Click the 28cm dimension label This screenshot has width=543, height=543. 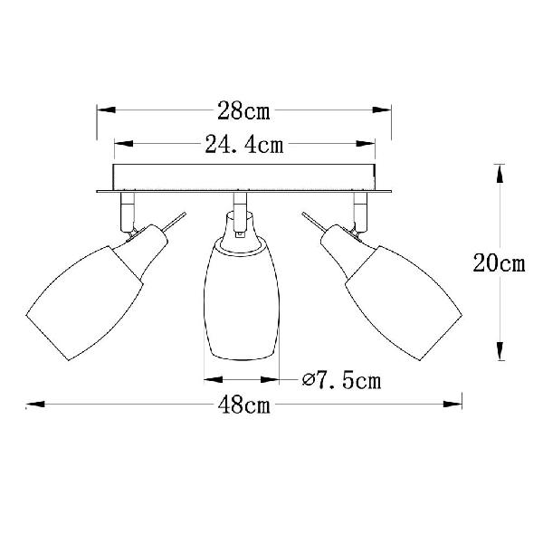point(243,110)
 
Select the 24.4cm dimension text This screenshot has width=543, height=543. point(244,144)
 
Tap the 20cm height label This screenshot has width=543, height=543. point(499,262)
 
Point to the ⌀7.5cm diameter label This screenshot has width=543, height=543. point(341,381)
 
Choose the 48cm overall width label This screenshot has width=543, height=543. point(243,405)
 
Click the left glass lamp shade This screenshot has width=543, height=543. point(85,301)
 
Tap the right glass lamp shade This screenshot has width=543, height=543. point(404,302)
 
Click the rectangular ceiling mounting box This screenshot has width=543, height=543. point(244,177)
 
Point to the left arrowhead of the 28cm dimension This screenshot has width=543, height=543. point(106,110)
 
